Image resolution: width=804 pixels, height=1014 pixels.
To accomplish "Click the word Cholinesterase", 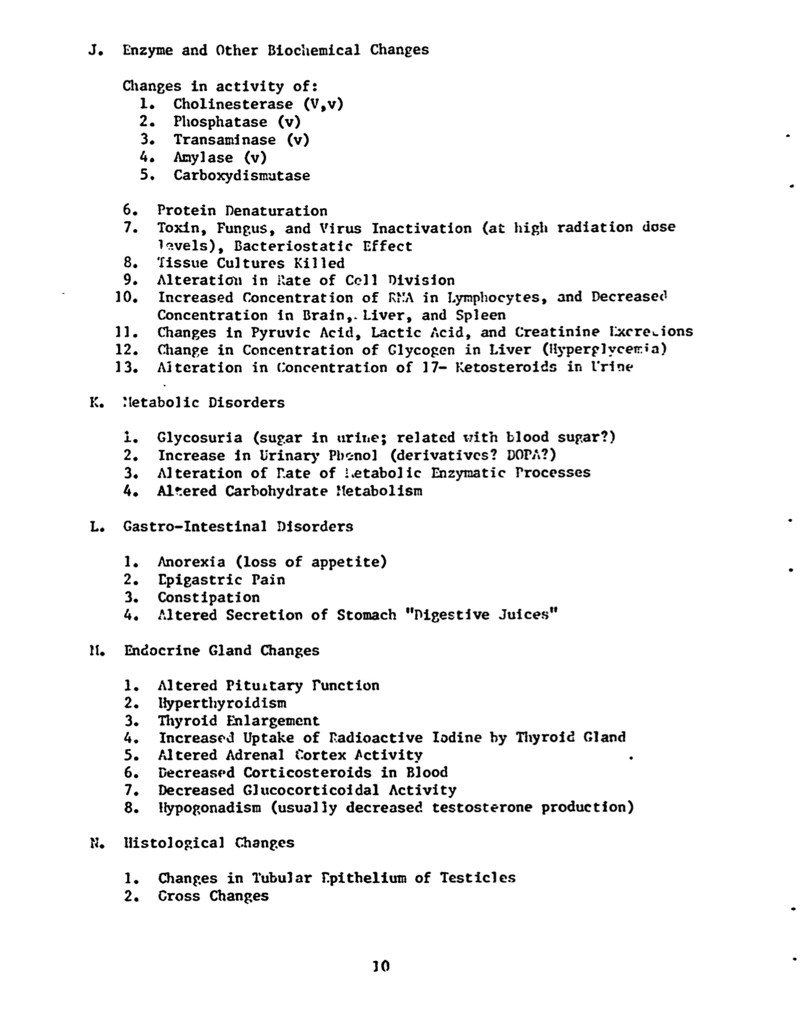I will pyautogui.click(x=233, y=104).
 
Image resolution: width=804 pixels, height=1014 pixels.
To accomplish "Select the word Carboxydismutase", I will pyautogui.click(x=242, y=176).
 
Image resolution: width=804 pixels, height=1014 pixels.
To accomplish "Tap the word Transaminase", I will pyautogui.click(x=224, y=140).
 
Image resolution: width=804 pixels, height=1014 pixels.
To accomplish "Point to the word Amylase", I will pyautogui.click(x=203, y=158).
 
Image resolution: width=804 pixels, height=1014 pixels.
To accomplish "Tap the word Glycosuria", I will pyautogui.click(x=199, y=438).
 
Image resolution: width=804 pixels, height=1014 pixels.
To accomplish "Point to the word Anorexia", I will pyautogui.click(x=191, y=562).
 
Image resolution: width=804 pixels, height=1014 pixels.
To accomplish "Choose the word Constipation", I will pyautogui.click(x=209, y=597).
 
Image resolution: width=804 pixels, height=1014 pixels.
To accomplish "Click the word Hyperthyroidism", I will pyautogui.click(x=222, y=703).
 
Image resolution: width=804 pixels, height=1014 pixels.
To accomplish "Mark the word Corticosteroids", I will pyautogui.click(x=308, y=772).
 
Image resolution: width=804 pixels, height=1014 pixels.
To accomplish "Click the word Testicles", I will pyautogui.click(x=477, y=878).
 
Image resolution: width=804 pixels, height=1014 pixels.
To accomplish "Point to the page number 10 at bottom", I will pyautogui.click(x=381, y=967).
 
